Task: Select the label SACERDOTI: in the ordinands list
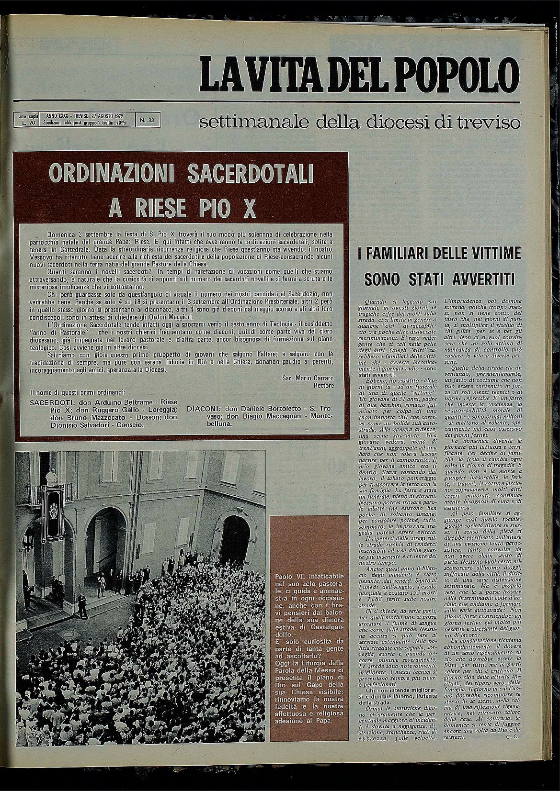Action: click(48, 403)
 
